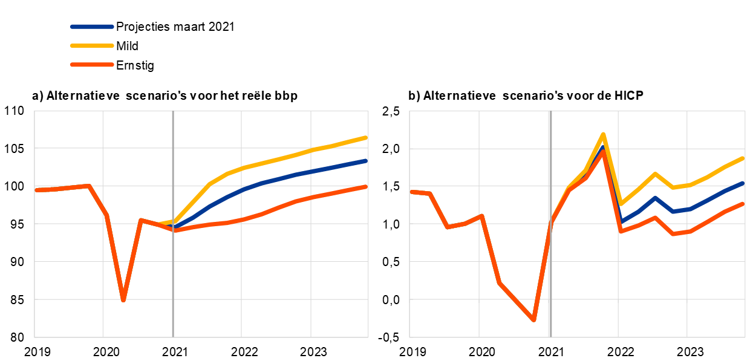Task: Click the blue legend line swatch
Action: (x=92, y=27)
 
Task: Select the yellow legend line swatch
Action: (x=92, y=45)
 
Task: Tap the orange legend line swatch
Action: (x=92, y=65)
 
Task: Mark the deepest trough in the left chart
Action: (x=123, y=300)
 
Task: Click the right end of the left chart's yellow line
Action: (x=366, y=138)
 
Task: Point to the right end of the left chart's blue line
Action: (x=366, y=161)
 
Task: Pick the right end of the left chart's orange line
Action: (x=366, y=187)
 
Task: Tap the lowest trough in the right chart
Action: (x=533, y=320)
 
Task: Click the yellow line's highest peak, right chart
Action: (x=603, y=134)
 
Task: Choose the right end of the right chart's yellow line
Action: (x=743, y=158)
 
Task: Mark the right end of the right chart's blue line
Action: (x=743, y=183)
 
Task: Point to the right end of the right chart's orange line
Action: (x=743, y=204)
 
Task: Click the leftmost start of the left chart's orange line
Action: (x=36, y=190)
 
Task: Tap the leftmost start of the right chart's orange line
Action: (x=412, y=192)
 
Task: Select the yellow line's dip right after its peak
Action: (x=621, y=204)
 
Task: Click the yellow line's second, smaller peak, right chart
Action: (x=655, y=174)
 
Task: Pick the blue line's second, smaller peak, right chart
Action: (x=655, y=198)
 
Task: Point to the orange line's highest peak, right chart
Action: (x=603, y=151)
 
